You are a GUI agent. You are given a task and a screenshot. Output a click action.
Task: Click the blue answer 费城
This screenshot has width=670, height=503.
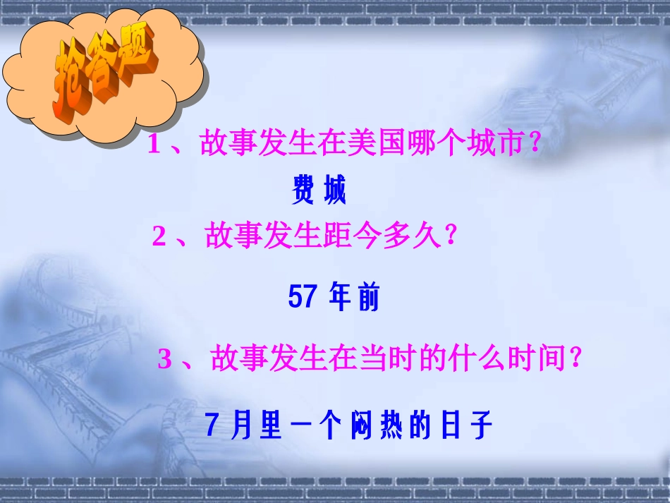pos(319,191)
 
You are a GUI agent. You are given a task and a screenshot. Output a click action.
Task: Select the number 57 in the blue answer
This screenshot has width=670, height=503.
pos(303,298)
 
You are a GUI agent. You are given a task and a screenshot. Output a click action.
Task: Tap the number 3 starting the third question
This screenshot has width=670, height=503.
pos(164,360)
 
